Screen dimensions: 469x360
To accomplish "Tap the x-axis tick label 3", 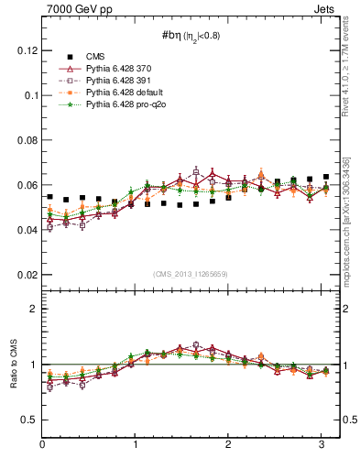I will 322,444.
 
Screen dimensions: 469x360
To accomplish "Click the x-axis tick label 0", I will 43,444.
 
